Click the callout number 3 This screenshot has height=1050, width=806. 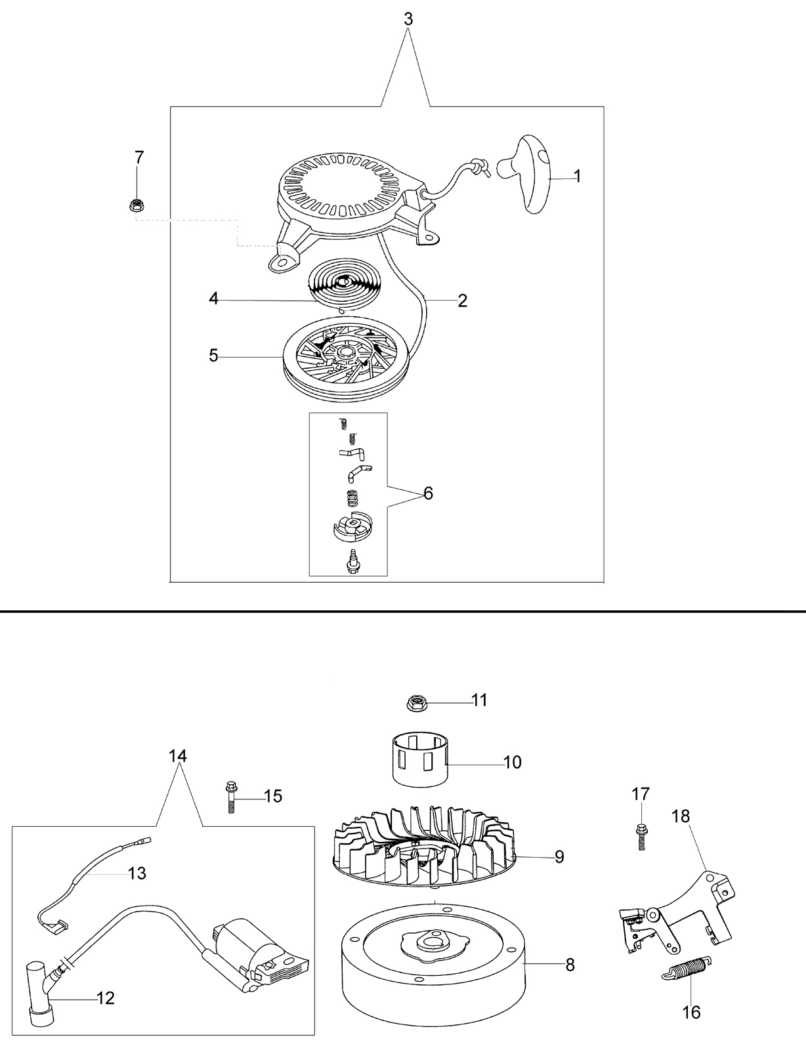(408, 19)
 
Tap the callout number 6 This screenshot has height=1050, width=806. (428, 493)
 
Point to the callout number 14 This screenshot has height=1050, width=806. (178, 755)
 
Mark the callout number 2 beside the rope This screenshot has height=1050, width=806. (463, 301)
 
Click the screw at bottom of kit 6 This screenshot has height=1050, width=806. (352, 562)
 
